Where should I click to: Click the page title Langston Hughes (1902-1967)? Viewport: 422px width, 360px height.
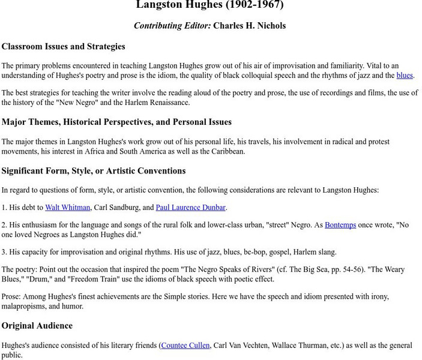[x=209, y=5]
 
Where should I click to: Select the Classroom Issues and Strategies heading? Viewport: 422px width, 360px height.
[x=63, y=46]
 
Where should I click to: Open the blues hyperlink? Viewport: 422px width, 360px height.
[x=404, y=76]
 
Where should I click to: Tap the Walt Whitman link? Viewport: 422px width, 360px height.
[x=67, y=208]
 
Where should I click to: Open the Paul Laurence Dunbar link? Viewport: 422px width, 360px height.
[x=190, y=208]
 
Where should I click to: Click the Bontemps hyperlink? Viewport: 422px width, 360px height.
[x=340, y=225]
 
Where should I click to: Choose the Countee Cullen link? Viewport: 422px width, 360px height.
[x=185, y=346]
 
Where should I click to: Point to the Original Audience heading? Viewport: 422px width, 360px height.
[x=37, y=326]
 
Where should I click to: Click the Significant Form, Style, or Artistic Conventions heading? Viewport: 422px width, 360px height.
[x=93, y=171]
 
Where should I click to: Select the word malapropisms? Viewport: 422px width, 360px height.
[x=29, y=306]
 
